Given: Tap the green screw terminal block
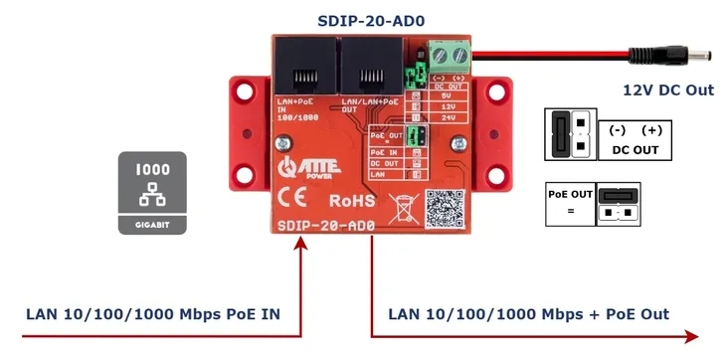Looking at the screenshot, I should point(447,52).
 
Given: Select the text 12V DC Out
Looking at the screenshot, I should point(668,90).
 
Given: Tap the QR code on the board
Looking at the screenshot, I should point(445,207).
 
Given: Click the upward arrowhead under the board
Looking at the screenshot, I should point(300,245).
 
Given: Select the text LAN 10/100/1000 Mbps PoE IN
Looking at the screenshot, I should point(152,314).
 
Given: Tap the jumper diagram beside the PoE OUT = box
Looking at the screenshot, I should point(618,203).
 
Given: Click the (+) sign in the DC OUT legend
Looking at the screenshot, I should point(651,130).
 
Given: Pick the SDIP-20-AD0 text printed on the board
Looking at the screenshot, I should point(328,226).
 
